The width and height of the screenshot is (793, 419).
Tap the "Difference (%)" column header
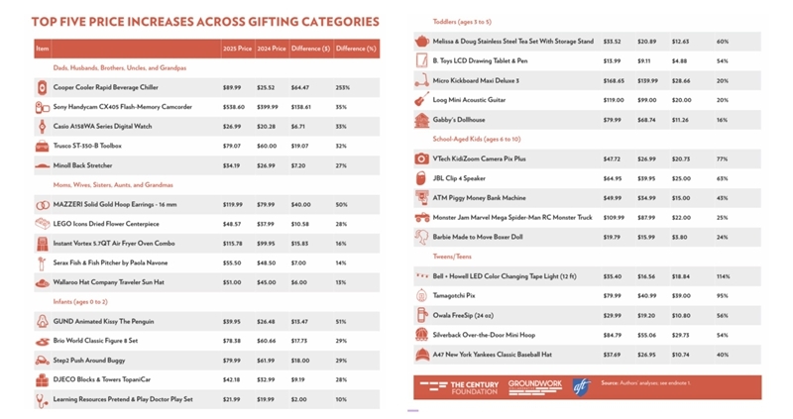point(356,48)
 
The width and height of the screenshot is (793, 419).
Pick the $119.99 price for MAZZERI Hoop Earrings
point(233,204)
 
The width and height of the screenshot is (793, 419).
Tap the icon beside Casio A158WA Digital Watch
point(42,126)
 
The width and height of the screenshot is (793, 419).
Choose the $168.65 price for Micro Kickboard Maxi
point(613,80)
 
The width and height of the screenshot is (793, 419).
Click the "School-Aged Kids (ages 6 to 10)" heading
point(481,139)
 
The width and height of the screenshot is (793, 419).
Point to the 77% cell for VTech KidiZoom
point(722,158)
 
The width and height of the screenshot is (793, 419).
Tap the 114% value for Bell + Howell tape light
point(723,276)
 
